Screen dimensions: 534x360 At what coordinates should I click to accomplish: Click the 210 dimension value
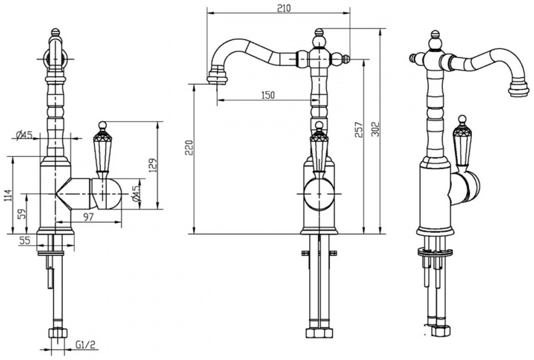pos(284,8)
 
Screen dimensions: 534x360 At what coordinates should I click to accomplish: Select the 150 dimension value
pos(268,95)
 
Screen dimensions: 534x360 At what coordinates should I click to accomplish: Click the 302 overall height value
pos(375,129)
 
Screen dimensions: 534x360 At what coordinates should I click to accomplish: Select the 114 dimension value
pos(9,195)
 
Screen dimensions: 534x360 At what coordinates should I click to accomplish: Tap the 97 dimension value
pos(88,217)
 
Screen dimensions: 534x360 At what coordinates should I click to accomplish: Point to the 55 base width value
pos(24,240)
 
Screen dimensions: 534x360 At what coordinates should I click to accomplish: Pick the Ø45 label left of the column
pos(24,135)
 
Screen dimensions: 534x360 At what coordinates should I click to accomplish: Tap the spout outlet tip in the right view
pos(519,90)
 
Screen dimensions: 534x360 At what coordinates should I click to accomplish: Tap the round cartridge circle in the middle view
pos(319,194)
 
